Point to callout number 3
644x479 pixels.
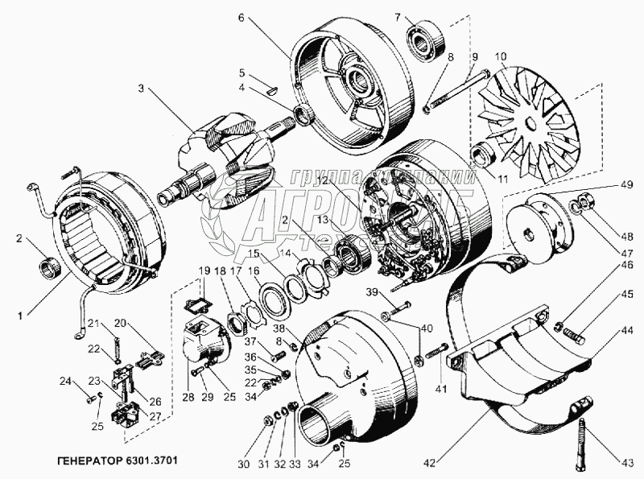point(142,89)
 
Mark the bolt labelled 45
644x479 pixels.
point(573,331)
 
